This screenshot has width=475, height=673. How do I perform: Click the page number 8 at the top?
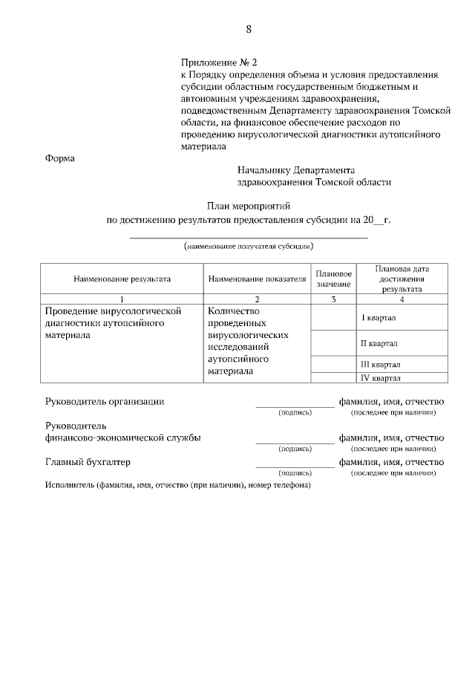[248, 30]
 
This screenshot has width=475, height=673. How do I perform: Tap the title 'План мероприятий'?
[248, 205]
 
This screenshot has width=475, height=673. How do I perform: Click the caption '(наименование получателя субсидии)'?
[249, 245]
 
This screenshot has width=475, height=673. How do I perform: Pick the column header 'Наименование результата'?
[122, 279]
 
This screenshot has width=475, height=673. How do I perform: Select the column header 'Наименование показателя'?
[257, 279]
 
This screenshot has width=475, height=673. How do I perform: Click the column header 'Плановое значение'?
[333, 279]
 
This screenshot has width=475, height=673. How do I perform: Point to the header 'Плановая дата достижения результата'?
[402, 279]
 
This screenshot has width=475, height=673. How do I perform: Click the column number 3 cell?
[333, 299]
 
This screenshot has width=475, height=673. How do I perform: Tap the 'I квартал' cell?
[379, 318]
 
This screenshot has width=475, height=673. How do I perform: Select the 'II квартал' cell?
[379, 344]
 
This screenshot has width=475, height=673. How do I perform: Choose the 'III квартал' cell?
[380, 365]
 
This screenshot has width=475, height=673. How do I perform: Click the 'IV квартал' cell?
[380, 378]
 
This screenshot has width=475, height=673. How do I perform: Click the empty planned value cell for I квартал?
[333, 317]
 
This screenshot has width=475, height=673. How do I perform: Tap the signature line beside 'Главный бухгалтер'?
[295, 466]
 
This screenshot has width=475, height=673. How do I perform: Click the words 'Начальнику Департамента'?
[296, 169]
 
